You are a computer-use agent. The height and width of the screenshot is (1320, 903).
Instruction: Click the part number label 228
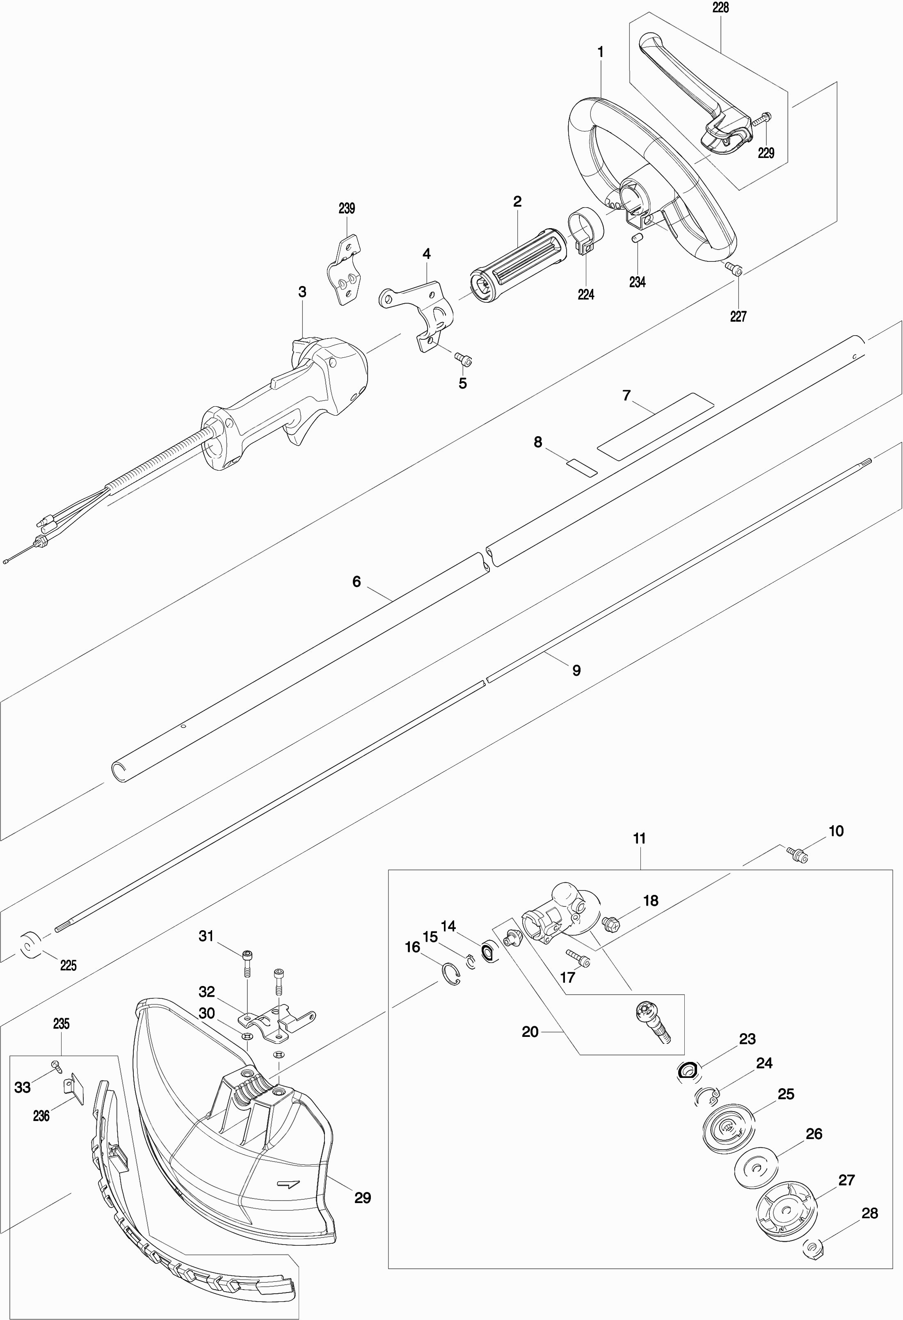(x=720, y=8)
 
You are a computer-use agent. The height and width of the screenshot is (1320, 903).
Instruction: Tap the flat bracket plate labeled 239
(x=346, y=270)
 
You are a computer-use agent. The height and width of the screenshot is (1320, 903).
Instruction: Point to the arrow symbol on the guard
(x=287, y=1184)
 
